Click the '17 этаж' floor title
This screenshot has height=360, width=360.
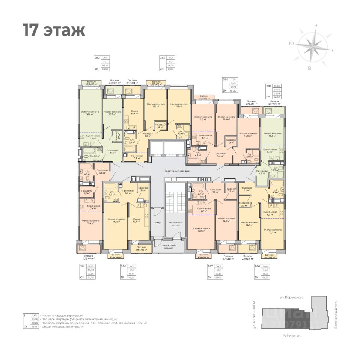click(x=54, y=30)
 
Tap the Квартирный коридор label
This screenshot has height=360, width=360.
click(x=177, y=171)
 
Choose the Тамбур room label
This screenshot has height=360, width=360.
click(x=157, y=223)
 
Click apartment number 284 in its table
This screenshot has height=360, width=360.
click(x=225, y=79)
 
